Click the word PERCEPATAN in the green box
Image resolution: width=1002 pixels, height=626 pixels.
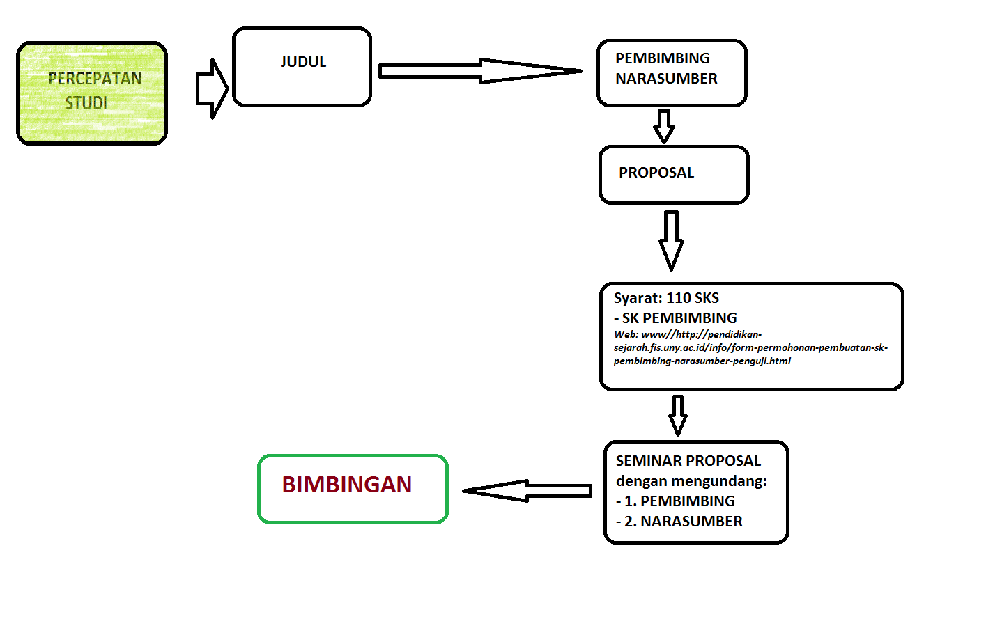[95, 79]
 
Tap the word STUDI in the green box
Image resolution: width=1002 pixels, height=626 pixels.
[86, 103]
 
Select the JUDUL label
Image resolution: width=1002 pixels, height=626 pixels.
[303, 62]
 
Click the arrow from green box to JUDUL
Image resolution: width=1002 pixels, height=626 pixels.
[212, 88]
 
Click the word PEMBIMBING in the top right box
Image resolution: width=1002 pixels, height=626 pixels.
[662, 58]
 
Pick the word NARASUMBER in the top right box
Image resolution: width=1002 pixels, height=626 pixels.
[666, 79]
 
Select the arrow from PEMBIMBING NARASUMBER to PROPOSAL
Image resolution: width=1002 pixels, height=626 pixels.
[664, 125]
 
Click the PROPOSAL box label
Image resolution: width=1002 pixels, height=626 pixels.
[656, 173]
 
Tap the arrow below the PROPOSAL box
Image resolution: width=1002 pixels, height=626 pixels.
[671, 240]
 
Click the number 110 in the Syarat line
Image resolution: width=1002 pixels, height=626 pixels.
[679, 298]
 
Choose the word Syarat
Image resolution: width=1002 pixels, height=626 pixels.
[637, 298]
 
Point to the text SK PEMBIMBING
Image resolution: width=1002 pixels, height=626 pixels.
[679, 318]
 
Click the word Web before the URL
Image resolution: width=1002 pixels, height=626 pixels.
[625, 334]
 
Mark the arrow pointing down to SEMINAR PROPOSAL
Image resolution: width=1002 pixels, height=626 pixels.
[678, 415]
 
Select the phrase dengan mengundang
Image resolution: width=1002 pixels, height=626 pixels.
[691, 481]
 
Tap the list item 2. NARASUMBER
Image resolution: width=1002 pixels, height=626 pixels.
[683, 522]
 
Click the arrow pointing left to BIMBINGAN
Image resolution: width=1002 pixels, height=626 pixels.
[527, 491]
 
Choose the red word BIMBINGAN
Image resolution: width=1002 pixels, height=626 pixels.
[347, 485]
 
